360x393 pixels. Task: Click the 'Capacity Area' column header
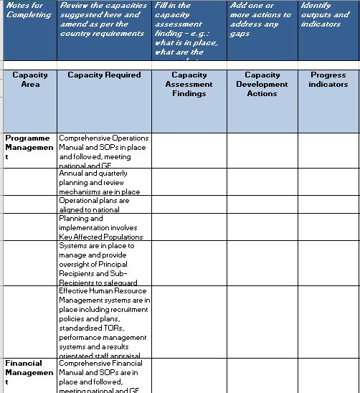click(30, 79)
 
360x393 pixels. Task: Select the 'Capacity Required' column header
click(104, 75)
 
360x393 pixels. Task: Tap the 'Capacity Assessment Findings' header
click(189, 84)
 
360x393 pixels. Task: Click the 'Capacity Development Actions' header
click(262, 84)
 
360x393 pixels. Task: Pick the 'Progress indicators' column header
click(328, 79)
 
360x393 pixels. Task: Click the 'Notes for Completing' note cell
click(28, 10)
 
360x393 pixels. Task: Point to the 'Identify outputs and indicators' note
click(328, 14)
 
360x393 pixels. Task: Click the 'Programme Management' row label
click(29, 147)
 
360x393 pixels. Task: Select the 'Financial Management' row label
click(29, 372)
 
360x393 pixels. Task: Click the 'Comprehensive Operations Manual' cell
click(104, 151)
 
